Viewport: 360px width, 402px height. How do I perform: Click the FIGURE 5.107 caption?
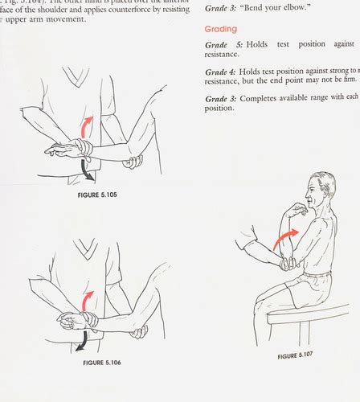300,355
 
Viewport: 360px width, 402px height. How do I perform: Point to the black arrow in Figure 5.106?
81,342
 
